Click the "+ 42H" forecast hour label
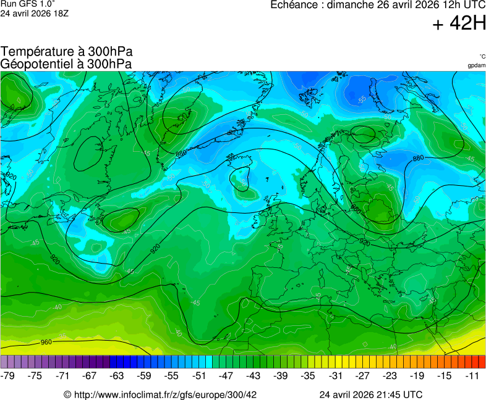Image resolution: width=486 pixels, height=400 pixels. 459,23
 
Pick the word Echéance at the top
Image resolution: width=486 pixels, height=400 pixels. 294,5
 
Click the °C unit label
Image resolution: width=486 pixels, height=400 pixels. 482,57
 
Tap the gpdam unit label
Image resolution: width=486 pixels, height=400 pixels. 476,65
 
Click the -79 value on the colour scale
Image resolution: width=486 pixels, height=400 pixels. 8,375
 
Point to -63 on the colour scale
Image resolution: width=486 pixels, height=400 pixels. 117,375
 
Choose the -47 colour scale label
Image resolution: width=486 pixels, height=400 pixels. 226,375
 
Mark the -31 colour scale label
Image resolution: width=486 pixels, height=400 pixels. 335,375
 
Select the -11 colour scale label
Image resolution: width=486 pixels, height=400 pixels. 473,375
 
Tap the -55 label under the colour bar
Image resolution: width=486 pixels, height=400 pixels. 171,375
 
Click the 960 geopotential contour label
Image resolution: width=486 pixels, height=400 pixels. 46,342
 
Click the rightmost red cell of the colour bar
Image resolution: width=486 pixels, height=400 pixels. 482,362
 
